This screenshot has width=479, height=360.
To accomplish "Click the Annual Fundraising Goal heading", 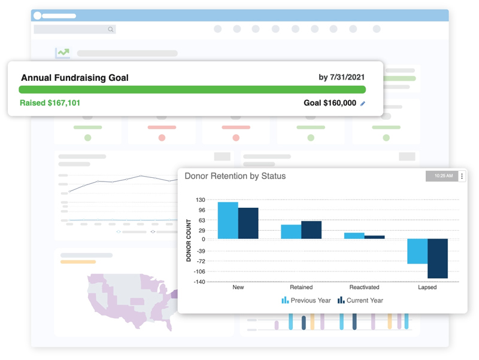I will click(75, 78).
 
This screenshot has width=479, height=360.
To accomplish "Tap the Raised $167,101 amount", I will click(50, 103).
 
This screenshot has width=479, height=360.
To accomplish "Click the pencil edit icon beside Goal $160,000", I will click(363, 104).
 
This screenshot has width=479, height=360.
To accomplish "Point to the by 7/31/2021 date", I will click(341, 77).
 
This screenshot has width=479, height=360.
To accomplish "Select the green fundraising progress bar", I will click(192, 90).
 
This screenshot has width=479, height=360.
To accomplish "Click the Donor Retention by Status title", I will click(235, 176).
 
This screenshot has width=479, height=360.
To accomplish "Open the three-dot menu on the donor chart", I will click(462, 176).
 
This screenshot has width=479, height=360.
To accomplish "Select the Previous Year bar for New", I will click(228, 220).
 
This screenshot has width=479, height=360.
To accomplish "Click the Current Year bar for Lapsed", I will click(438, 258).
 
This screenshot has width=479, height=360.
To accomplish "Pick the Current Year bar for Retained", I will click(311, 230).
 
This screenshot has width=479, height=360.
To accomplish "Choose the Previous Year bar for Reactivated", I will click(354, 236).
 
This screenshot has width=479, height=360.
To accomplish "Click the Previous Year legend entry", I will click(306, 300).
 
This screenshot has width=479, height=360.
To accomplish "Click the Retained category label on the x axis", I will click(301, 288).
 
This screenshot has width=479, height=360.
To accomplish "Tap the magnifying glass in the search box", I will click(110, 29).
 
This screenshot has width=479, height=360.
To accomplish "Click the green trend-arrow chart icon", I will click(63, 53).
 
